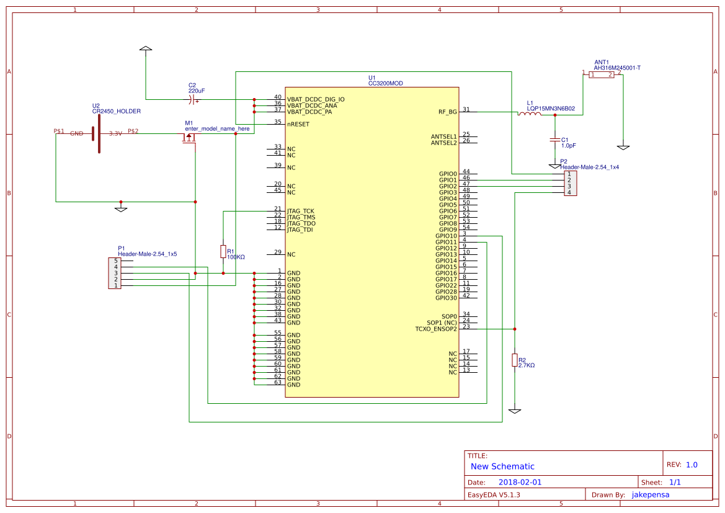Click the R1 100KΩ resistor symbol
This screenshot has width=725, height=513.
223,251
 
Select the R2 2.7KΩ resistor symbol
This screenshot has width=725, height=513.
514,360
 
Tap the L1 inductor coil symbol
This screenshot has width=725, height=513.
528,114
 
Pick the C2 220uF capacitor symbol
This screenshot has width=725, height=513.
193,99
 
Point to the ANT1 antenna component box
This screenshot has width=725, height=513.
602,74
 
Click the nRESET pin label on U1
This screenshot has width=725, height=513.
298,124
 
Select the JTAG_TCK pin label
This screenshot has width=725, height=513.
300,211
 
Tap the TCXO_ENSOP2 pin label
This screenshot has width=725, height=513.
435,329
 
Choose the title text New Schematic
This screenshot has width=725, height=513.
502,466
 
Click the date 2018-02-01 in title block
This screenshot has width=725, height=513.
520,482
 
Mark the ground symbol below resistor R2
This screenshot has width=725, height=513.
514,411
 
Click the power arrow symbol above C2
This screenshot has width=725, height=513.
145,48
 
